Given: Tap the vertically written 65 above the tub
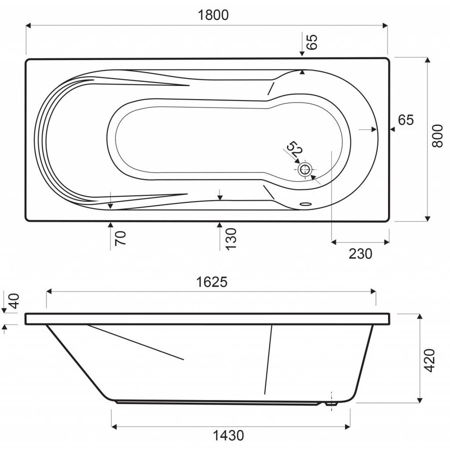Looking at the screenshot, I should (x=312, y=42).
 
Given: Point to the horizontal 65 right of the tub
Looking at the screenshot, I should (x=406, y=120).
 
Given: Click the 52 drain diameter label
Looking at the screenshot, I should (x=294, y=149).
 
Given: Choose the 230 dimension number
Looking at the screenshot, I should (x=360, y=254).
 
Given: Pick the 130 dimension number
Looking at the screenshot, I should (x=229, y=238).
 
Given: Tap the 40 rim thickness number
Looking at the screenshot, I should (x=13, y=301).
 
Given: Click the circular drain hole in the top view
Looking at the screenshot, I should (x=304, y=168).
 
